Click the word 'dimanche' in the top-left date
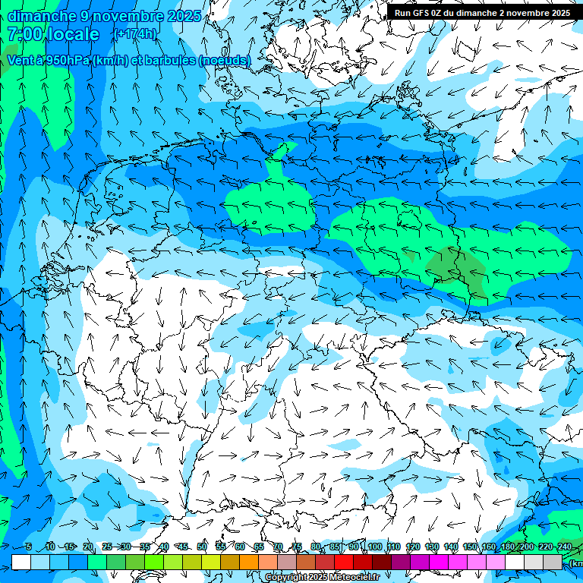42,16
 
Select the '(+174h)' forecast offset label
135,34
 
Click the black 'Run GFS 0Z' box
483,12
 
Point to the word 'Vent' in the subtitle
24,61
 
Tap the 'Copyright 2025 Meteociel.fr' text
323,578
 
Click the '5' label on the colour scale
28,547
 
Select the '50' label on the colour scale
202,547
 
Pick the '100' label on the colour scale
375,547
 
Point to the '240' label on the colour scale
565,547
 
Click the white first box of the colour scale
21,562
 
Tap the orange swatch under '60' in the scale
249,562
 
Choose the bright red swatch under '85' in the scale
344,562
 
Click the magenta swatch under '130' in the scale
439,562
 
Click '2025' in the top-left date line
182,16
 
